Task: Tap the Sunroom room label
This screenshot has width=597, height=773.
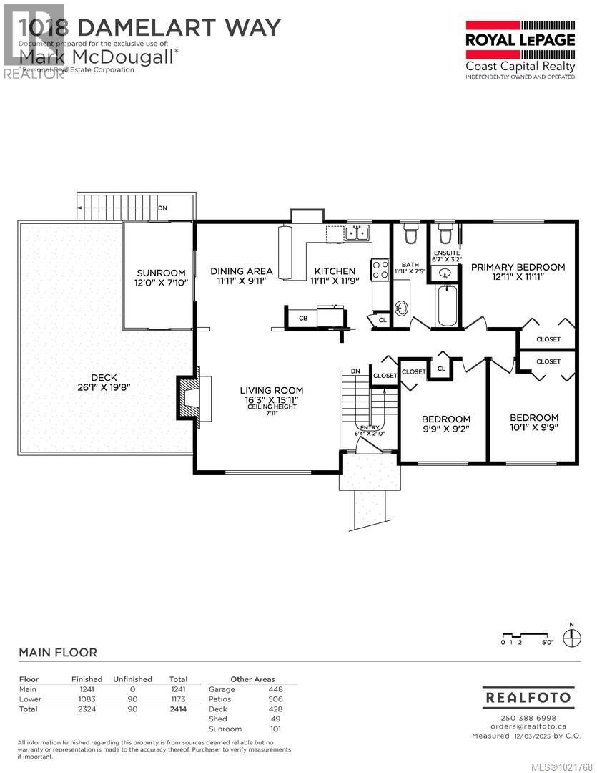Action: (x=161, y=278)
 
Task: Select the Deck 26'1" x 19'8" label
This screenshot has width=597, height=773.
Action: (x=104, y=382)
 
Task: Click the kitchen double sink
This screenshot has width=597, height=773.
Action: (x=356, y=232)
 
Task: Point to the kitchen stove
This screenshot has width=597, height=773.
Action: (x=379, y=269)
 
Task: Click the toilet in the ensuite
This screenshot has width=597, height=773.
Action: (x=444, y=234)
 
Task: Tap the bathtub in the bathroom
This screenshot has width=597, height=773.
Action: (x=446, y=306)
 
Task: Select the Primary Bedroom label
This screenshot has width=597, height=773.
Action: (x=518, y=271)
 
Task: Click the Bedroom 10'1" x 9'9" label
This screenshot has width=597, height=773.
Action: (x=533, y=422)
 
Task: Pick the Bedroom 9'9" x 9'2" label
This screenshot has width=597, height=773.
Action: (x=445, y=424)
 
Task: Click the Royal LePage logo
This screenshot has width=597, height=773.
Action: (x=520, y=47)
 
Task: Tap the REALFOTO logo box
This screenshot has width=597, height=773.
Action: (x=528, y=696)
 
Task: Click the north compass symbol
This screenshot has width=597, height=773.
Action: (x=571, y=638)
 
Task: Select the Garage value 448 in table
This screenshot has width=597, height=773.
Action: (x=275, y=689)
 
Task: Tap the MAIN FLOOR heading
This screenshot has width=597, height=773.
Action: (x=58, y=652)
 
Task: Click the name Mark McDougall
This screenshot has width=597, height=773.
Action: (x=97, y=56)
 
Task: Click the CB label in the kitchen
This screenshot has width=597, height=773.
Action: (x=303, y=318)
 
